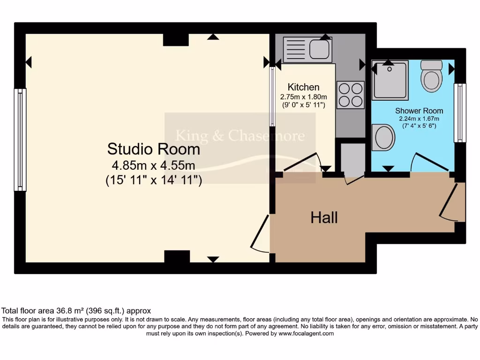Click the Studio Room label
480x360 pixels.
tap(153, 149)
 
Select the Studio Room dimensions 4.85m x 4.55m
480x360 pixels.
tap(153, 165)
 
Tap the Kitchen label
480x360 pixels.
tap(303, 87)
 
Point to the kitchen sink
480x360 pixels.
tap(307, 50)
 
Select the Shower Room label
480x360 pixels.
tap(419, 111)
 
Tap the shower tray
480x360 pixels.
tap(390, 80)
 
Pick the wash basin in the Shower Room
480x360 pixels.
tap(384, 137)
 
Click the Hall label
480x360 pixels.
tap(324, 217)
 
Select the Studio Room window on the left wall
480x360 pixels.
tap(20, 140)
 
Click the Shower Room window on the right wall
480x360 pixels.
tap(461, 112)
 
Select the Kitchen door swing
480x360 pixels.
tap(302, 163)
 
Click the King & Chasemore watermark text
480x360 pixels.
tap(240, 136)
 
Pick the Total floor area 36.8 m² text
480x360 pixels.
tap(76, 310)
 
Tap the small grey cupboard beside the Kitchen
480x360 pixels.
tap(352, 157)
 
